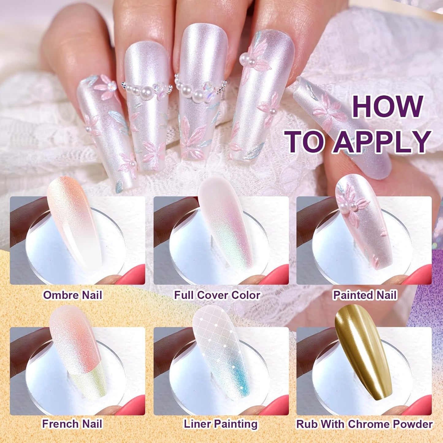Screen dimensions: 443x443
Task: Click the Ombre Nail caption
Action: pyautogui.click(x=73, y=295)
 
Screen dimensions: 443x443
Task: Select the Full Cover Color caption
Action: pyautogui.click(x=217, y=295)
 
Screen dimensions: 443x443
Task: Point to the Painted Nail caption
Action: pyautogui.click(x=365, y=295)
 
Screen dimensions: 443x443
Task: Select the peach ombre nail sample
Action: pyautogui.click(x=74, y=221)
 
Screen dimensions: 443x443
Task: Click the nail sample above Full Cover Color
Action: pyautogui.click(x=225, y=221)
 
